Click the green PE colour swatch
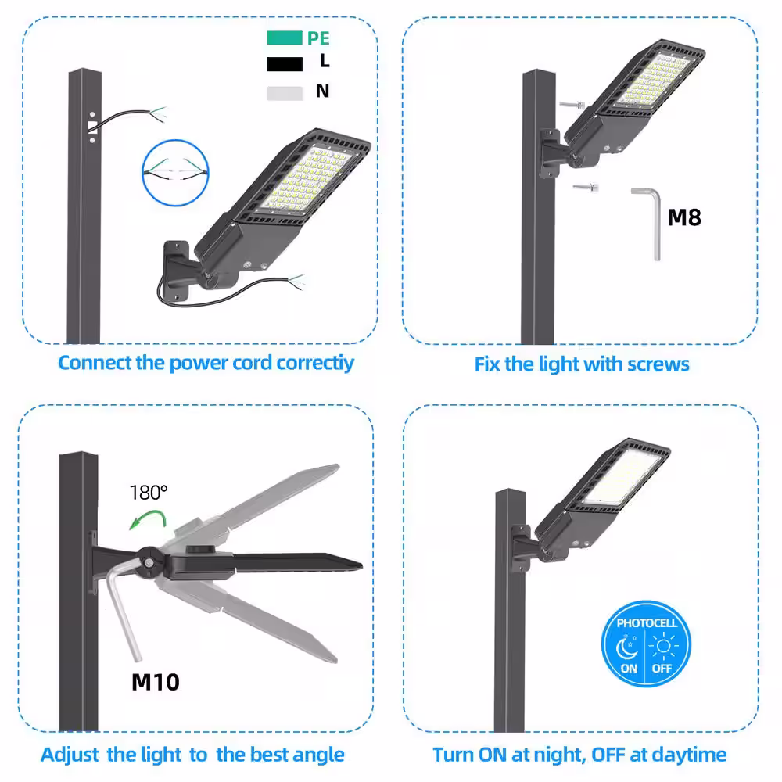pyautogui.click(x=284, y=38)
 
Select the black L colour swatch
pyautogui.click(x=284, y=65)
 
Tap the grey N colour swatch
pyautogui.click(x=284, y=93)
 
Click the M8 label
pyautogui.click(x=683, y=217)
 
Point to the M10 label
pyautogui.click(x=155, y=681)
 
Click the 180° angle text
pyautogui.click(x=149, y=493)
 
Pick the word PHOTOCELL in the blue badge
pyautogui.click(x=647, y=623)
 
